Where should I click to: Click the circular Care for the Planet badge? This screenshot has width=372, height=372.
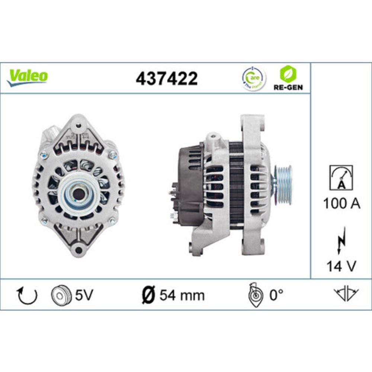click(254, 79)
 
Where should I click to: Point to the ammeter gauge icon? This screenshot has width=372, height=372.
click(341, 177)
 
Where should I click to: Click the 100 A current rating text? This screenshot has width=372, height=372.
click(341, 203)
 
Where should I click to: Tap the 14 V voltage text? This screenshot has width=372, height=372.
click(341, 266)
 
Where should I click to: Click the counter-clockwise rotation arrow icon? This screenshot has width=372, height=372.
click(28, 295)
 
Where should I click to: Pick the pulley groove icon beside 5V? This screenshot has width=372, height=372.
click(60, 295)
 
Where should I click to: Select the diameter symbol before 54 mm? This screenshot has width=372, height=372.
click(149, 295)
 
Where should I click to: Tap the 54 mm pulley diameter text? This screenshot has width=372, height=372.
click(182, 295)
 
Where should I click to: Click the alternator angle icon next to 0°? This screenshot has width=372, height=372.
click(256, 295)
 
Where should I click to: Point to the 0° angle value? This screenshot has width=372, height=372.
click(276, 295)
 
